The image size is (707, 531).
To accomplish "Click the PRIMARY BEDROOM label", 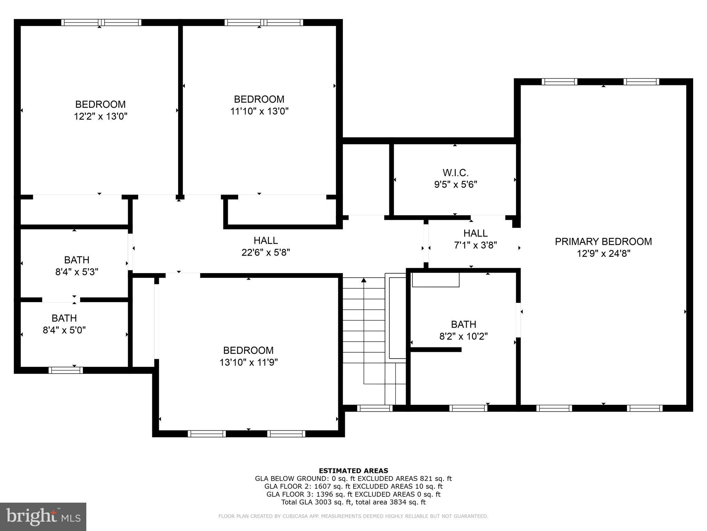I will [603, 241].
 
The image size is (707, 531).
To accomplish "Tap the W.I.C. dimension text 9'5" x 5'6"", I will [455, 184].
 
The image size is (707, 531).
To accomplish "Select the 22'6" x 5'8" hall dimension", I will [265, 252].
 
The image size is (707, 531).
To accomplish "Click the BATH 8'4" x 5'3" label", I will [77, 260].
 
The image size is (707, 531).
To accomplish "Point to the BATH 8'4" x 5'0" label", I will [64, 318].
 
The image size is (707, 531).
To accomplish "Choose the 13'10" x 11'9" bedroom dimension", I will [249, 362].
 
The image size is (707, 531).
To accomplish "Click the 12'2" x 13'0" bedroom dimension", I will [100, 116].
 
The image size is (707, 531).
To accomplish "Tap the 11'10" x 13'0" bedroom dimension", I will [259, 111].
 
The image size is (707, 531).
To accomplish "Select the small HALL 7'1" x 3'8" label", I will [475, 233].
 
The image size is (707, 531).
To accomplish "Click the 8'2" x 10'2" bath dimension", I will [463, 336].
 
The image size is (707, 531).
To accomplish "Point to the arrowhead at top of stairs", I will [364, 280].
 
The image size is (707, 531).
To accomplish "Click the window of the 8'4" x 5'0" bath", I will [66, 370].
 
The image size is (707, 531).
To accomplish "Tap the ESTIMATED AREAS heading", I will [353, 471].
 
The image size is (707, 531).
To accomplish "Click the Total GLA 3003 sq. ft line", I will [353, 502].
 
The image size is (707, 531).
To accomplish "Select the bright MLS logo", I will [43, 516].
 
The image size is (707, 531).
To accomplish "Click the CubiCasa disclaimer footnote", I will [353, 516].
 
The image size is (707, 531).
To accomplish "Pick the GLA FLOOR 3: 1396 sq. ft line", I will [353, 494].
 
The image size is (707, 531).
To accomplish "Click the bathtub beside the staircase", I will [397, 317].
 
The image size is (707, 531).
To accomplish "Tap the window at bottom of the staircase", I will [375, 408].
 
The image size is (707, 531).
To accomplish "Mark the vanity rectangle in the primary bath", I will [436, 280].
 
